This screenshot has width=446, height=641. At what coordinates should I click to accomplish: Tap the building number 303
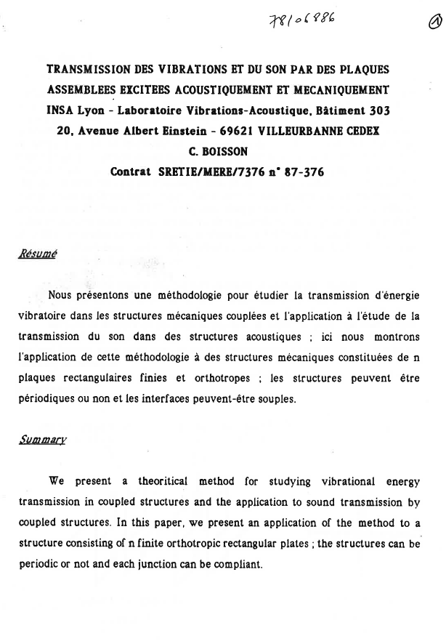tap(376, 111)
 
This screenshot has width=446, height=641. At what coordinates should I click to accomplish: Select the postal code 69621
tap(235, 132)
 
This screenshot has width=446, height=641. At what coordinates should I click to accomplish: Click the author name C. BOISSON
tap(218, 153)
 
